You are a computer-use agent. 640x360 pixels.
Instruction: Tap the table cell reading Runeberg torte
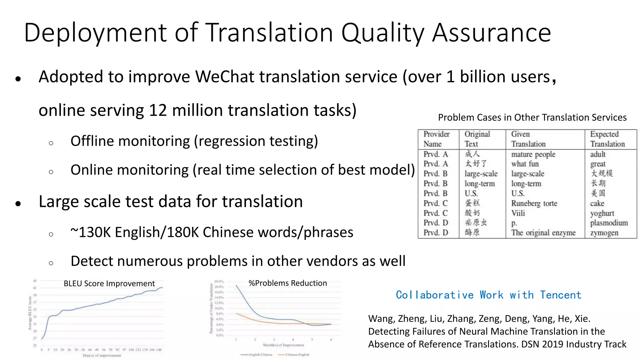[534, 203]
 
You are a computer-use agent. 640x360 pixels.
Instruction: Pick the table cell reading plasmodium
[609, 223]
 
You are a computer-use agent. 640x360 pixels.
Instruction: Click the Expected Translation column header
[607, 139]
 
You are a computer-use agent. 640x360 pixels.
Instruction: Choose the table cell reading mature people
[533, 154]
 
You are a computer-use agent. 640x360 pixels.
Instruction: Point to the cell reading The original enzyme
[543, 233]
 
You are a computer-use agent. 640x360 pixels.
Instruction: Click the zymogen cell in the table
[604, 233]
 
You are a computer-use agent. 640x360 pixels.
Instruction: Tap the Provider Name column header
[436, 139]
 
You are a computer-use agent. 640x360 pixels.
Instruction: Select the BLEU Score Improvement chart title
[109, 283]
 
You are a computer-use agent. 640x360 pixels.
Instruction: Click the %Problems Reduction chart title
[287, 283]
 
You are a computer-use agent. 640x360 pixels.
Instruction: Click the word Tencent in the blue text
[561, 295]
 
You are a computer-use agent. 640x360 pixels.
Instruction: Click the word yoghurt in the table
[602, 213]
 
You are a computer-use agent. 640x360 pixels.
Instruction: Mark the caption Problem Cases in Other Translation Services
[532, 117]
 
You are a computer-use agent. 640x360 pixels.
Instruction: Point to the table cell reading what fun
[525, 164]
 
